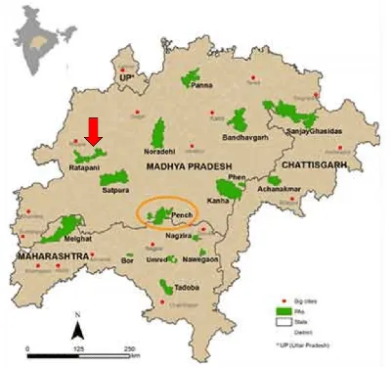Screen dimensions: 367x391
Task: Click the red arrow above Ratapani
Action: (x=94, y=129)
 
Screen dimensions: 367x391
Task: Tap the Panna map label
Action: (x=201, y=87)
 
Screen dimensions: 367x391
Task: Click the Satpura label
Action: (x=114, y=192)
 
